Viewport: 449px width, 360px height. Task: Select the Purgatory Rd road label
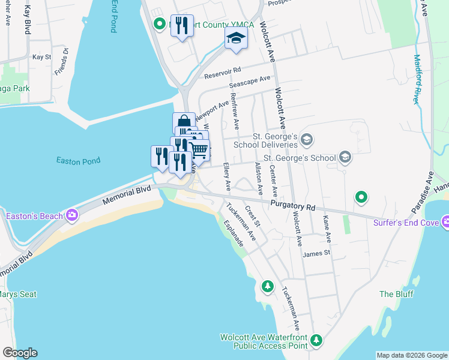coord(292,206)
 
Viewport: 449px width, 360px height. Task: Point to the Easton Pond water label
coord(78,161)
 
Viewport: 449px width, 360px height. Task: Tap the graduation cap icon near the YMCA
coord(236,39)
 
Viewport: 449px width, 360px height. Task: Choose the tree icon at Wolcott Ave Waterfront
coord(316,341)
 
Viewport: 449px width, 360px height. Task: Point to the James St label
coord(317,253)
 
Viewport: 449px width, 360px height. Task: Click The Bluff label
coord(394,294)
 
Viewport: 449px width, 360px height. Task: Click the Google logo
coord(20,353)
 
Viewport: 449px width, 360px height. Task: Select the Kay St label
coord(42,57)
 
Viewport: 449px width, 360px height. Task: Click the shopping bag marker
coord(182,122)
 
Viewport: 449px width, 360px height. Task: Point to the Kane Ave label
coord(327,229)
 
